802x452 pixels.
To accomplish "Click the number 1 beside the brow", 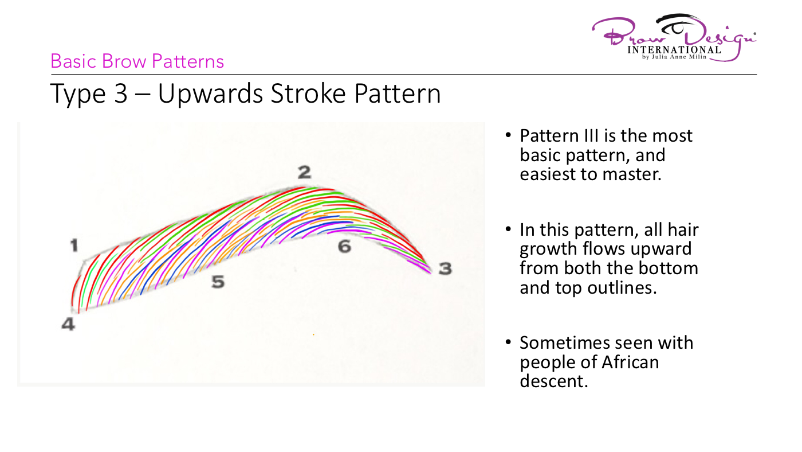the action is (x=74, y=246).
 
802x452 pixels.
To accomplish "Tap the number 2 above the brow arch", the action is (x=304, y=172).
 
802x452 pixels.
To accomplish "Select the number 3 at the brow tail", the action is (x=446, y=268).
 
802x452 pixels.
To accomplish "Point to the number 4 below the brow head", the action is (x=68, y=324).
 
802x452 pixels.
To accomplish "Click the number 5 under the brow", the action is (x=218, y=282).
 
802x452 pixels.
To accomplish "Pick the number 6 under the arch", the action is (x=344, y=247).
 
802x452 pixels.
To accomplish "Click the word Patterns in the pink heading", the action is (x=188, y=61).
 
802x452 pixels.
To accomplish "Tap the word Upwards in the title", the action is (x=211, y=94).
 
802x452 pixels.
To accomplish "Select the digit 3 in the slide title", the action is (x=121, y=93).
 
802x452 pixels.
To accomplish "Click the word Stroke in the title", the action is (x=308, y=93).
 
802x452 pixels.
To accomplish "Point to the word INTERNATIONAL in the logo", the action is (x=674, y=50).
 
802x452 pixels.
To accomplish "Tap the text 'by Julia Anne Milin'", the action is (x=674, y=57).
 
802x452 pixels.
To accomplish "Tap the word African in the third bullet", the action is (x=630, y=362).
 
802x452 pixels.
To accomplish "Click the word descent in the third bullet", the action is (x=554, y=381).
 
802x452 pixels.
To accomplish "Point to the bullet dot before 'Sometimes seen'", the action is (x=508, y=342).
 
